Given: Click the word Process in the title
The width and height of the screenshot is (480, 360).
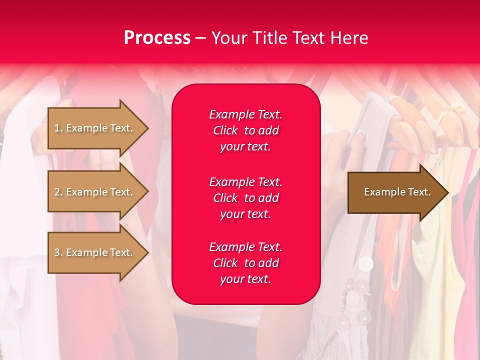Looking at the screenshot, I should (x=157, y=38).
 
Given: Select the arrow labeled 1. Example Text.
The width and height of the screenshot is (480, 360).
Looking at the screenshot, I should (x=95, y=128).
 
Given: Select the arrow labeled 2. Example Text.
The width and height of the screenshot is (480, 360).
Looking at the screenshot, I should (x=95, y=192).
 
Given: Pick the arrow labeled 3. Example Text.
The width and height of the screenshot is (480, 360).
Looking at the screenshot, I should (x=95, y=252).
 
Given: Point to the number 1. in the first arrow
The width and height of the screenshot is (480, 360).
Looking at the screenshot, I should (x=58, y=128).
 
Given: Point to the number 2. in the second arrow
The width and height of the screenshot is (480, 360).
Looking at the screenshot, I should (x=58, y=192).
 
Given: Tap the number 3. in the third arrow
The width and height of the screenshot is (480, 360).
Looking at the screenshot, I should (x=58, y=252).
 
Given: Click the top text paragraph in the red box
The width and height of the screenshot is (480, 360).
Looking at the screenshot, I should (x=245, y=130).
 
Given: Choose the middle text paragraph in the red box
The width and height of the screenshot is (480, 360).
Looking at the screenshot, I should (x=245, y=198).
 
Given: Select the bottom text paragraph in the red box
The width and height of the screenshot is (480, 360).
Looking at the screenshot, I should (x=245, y=263).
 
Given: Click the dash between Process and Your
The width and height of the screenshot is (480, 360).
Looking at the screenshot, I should (x=200, y=38).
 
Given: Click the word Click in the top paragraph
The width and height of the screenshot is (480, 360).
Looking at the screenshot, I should (x=225, y=130).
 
